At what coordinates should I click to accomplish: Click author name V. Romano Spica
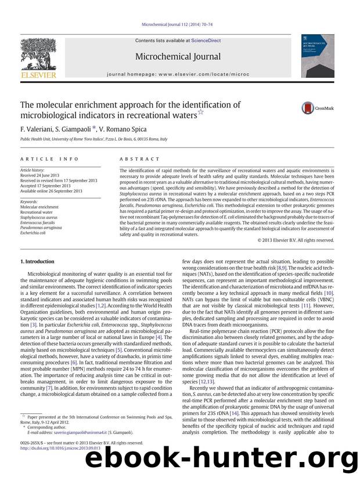(123, 129)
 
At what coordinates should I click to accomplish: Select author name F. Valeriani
(37, 129)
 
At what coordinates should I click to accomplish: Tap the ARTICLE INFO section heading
(40, 158)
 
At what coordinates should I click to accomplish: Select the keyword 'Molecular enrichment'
(39, 207)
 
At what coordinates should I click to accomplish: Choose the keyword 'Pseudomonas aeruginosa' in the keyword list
(44, 228)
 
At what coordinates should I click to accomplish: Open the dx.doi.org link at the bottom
(60, 464)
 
